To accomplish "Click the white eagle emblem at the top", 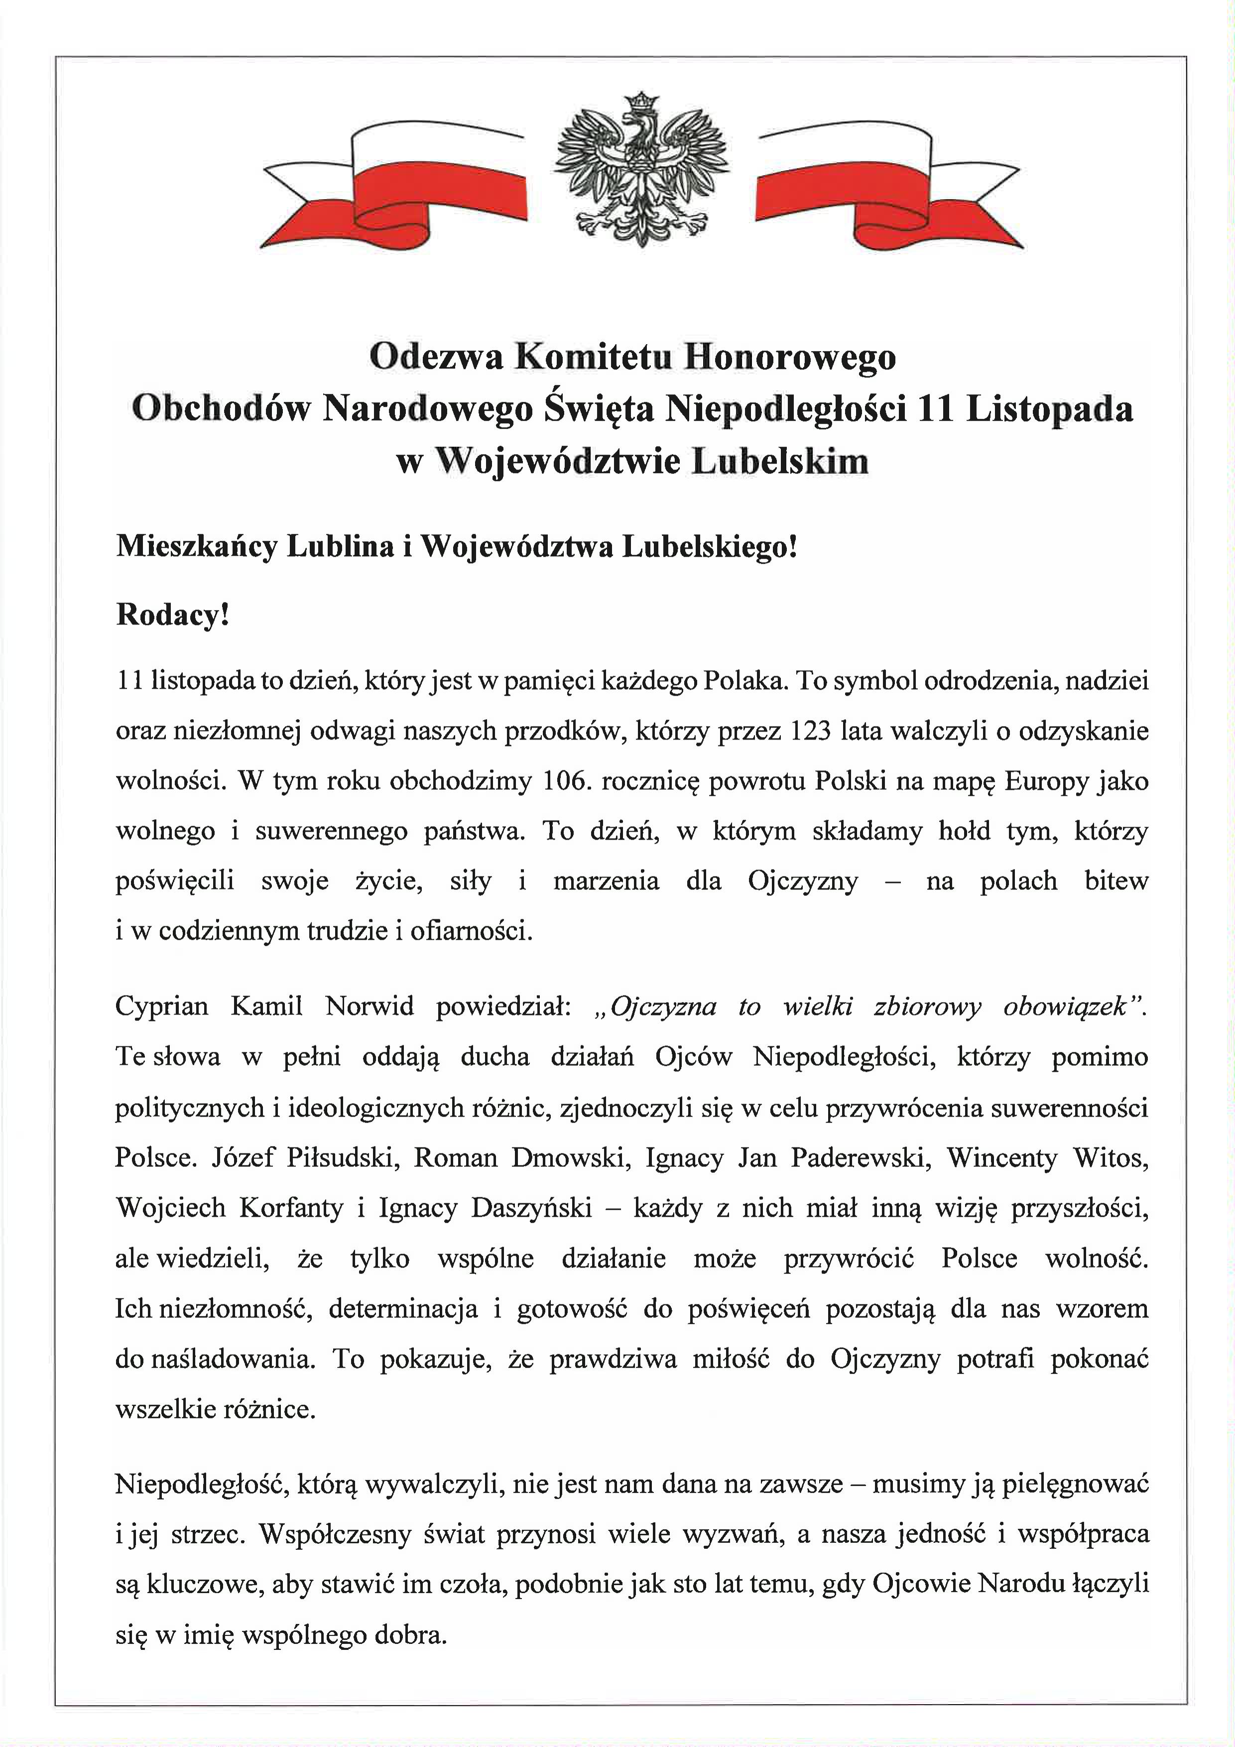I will tap(641, 171).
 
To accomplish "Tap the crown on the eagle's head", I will tap(641, 101).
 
